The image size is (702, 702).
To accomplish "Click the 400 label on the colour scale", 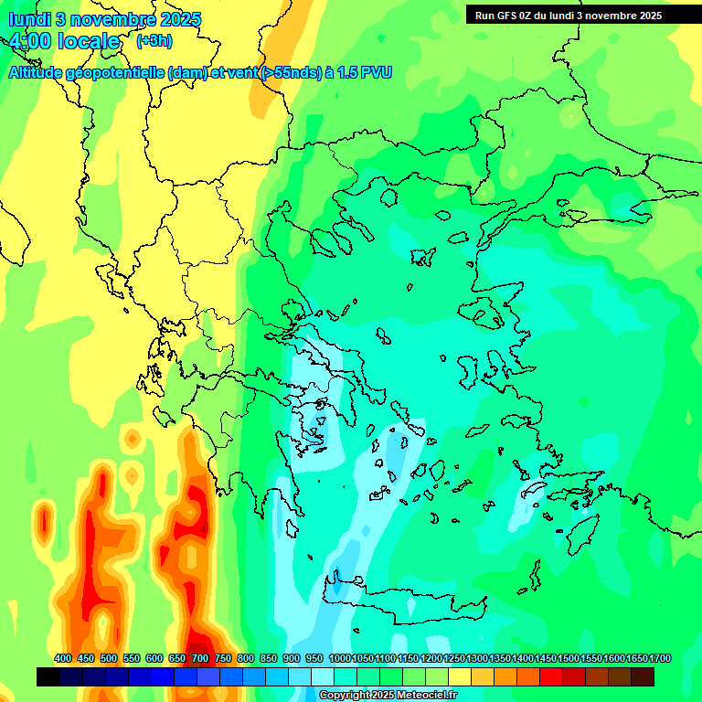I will pyautogui.click(x=63, y=658).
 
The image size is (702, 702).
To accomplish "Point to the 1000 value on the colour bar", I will pyautogui.click(x=340, y=658).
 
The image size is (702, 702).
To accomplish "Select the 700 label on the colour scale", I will pyautogui.click(x=200, y=658).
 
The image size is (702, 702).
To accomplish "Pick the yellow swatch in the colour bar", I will pyautogui.click(x=460, y=677).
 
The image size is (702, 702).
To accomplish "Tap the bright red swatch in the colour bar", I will pyautogui.click(x=551, y=677).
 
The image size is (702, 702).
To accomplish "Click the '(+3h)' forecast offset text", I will pyautogui.click(x=154, y=41).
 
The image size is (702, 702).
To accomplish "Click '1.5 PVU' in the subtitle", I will pyautogui.click(x=364, y=72).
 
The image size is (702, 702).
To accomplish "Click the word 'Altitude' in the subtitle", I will pyautogui.click(x=42, y=72).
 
